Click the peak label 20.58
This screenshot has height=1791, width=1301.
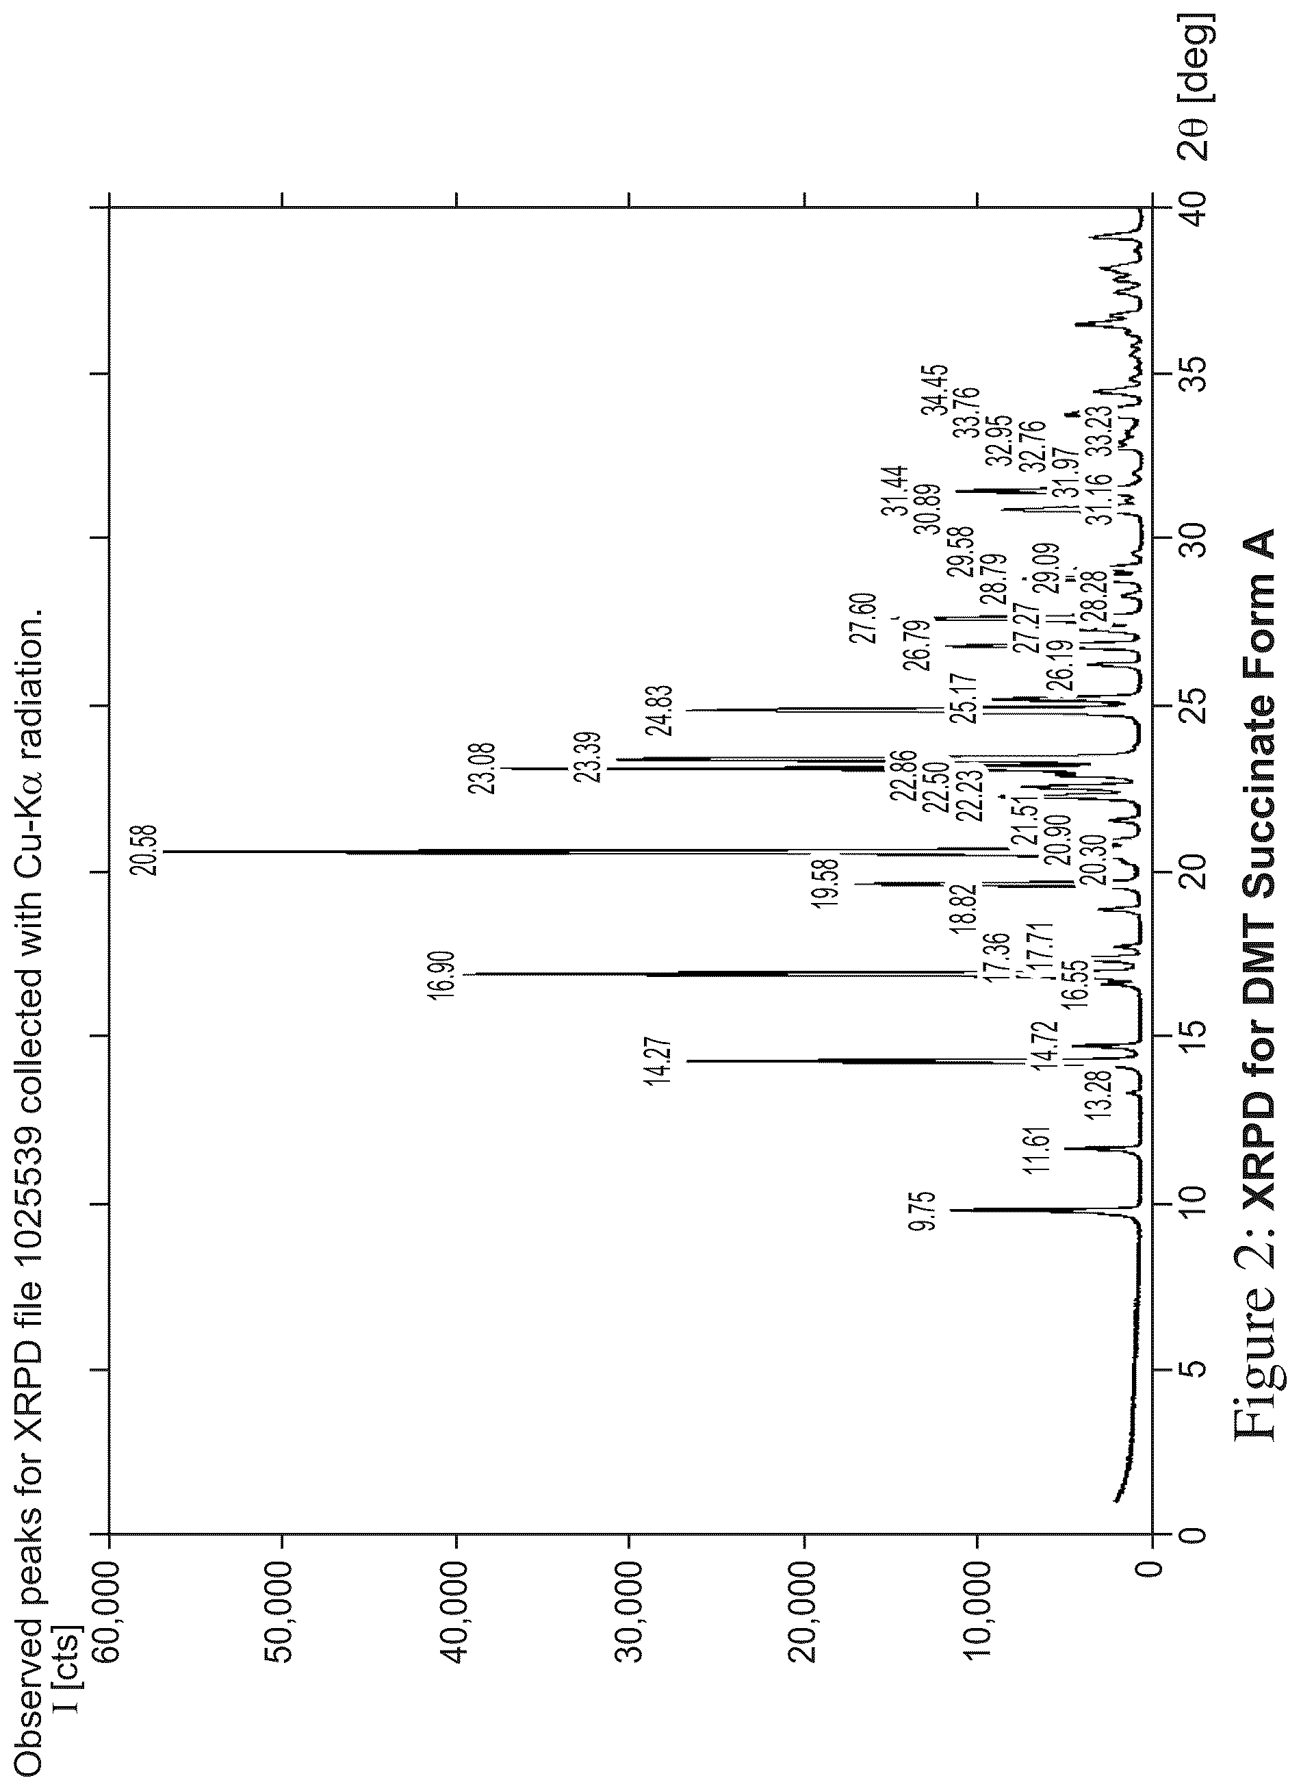tap(146, 850)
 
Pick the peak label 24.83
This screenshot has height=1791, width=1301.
tap(658, 710)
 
